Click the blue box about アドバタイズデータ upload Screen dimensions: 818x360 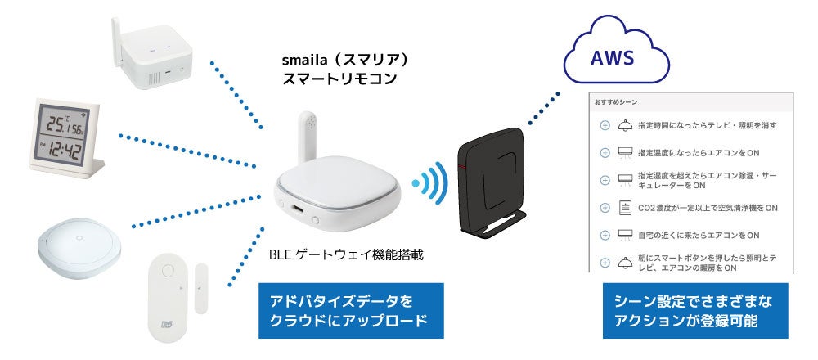350,311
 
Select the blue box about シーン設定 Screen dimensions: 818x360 694,311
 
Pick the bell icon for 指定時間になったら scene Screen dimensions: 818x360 626,125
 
